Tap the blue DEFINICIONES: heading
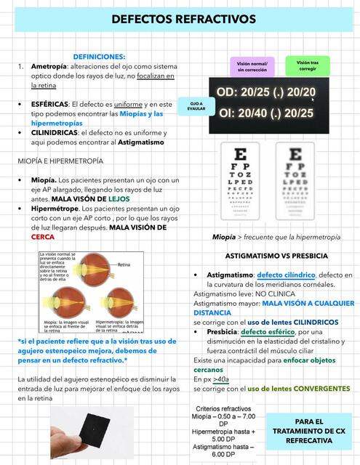pos(100,56)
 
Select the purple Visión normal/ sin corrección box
pos(252,67)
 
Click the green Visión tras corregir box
pos(307,66)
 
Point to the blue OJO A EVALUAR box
pos(196,107)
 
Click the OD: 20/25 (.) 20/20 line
pos(266,92)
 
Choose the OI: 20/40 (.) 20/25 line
pos(266,113)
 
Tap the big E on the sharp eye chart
pos(242,153)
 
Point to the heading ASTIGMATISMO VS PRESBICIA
pos(276,256)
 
